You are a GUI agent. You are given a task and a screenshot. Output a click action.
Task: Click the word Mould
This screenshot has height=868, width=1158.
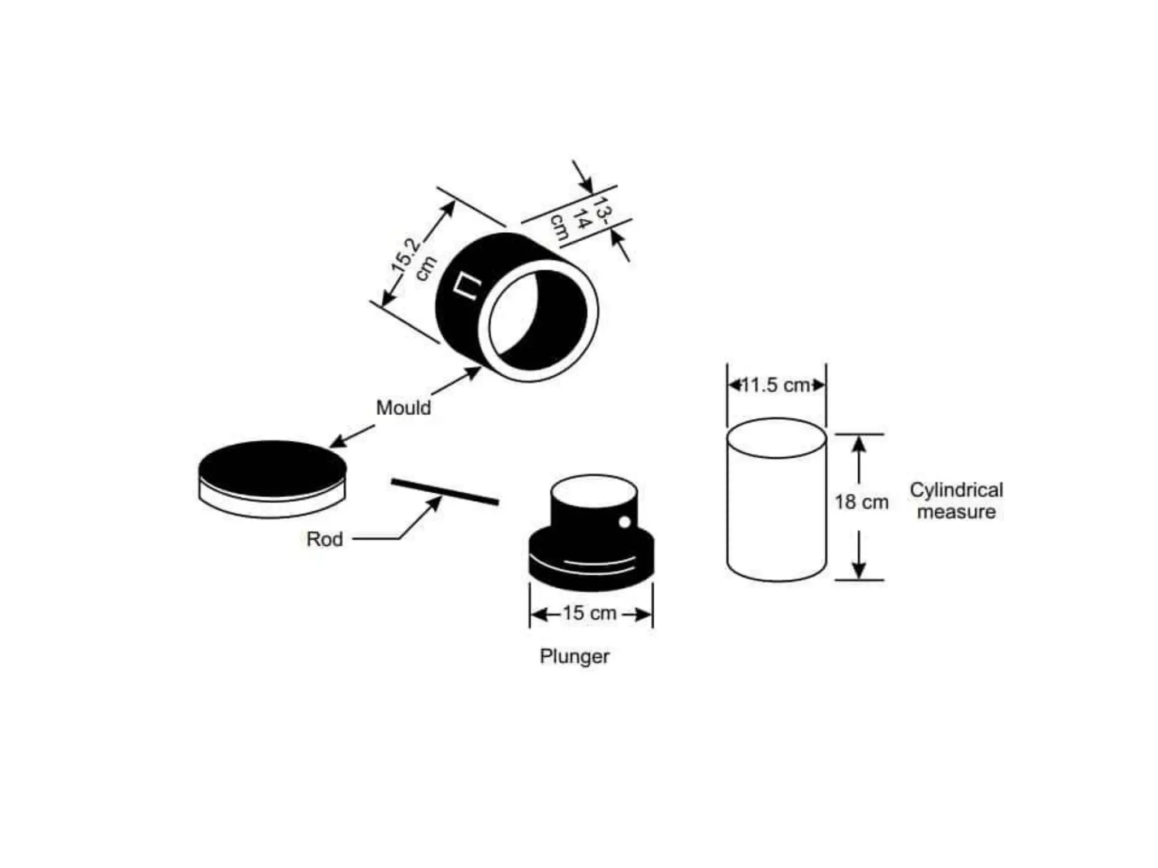coord(403,407)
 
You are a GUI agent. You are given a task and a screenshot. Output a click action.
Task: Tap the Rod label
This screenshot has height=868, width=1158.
coord(325,539)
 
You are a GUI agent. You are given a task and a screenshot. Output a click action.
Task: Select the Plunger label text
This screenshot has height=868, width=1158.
coord(574,656)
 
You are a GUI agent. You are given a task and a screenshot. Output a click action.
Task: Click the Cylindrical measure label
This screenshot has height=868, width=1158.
coord(956,501)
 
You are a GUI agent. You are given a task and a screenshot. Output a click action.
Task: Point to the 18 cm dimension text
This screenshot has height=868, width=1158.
coord(862,502)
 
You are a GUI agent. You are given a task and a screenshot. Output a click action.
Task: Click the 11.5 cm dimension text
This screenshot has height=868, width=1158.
coord(776,385)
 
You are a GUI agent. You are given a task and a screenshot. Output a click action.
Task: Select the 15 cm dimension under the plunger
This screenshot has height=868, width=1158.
coord(589,613)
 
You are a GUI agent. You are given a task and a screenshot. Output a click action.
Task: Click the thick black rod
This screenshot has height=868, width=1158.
coord(445,492)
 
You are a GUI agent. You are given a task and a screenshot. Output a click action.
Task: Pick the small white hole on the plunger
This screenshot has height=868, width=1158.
coord(625,522)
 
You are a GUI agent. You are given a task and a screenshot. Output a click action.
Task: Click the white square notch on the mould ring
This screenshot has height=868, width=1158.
coord(468,285)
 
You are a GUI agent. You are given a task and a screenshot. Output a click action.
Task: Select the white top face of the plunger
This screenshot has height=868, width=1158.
coord(594,491)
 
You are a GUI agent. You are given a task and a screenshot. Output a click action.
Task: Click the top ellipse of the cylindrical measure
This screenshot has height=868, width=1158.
coord(776,438)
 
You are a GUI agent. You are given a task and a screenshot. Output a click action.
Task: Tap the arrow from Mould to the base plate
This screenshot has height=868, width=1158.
coord(352,436)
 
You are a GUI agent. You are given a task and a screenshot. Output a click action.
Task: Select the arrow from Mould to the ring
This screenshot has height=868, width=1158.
coord(455,380)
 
